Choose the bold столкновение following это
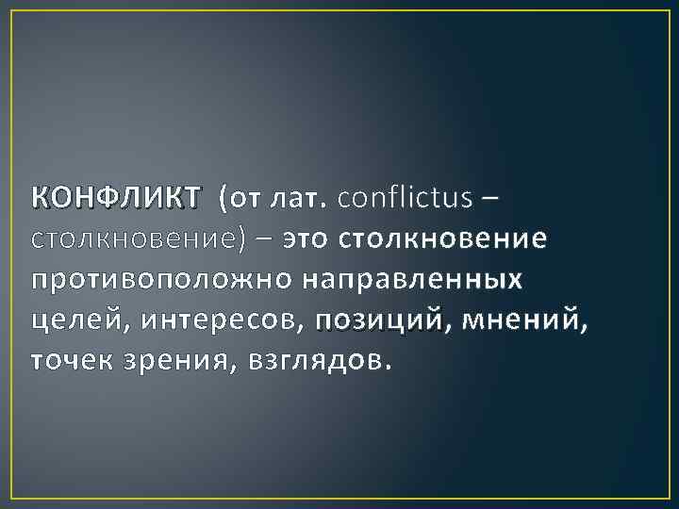pos(436,239)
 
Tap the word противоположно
pos(162,280)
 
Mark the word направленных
pos(414,280)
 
